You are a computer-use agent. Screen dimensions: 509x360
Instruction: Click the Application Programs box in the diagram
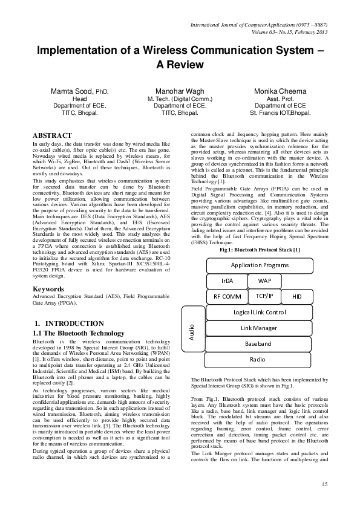pyautogui.click(x=259, y=265)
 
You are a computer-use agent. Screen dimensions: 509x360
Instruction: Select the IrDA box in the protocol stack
pyautogui.click(x=227, y=281)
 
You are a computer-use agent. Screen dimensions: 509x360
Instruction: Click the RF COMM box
pyautogui.click(x=227, y=297)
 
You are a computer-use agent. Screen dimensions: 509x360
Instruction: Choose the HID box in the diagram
pyautogui.click(x=296, y=297)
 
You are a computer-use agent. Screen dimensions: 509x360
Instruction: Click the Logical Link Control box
pyautogui.click(x=259, y=312)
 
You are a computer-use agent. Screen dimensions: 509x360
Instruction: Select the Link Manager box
pyautogui.click(x=259, y=328)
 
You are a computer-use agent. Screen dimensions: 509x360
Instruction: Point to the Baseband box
pyautogui.click(x=259, y=343)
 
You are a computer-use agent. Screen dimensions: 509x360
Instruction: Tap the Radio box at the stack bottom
pyautogui.click(x=259, y=359)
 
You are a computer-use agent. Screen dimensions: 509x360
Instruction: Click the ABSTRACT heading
pyautogui.click(x=52, y=135)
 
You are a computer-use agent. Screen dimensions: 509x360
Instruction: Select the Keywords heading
pyautogui.click(x=49, y=289)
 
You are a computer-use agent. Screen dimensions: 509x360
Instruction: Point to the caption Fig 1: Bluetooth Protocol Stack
pyautogui.click(x=259, y=249)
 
